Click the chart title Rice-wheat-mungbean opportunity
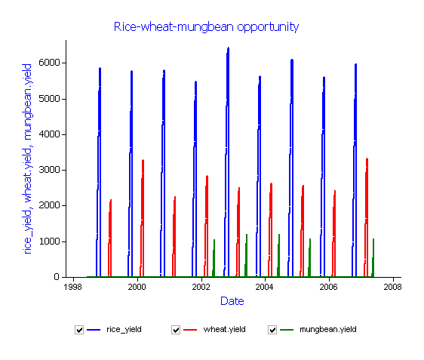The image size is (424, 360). point(206,27)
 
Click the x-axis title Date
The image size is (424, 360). point(232,301)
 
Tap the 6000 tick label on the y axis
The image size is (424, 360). point(49,63)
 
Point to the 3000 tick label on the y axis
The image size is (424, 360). point(49,170)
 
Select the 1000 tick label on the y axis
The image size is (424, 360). point(49,241)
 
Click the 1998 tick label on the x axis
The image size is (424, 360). point(73,287)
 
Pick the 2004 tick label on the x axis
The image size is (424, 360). point(265,287)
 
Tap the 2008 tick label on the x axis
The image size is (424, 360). point(392,287)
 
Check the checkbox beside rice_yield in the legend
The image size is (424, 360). point(79,330)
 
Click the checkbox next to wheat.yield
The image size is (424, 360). point(176,330)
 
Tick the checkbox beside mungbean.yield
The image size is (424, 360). point(272,330)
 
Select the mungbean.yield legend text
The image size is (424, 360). point(328,330)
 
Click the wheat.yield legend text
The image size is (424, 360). point(224,330)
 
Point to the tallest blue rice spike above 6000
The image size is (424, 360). point(228,162)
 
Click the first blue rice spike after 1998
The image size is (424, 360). point(100,173)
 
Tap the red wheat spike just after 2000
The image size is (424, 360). point(143,219)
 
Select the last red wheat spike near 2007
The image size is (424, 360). point(367,217)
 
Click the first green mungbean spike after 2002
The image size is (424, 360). point(214,258)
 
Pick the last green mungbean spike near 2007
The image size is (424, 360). point(373,258)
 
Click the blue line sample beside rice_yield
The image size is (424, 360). point(94,330)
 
